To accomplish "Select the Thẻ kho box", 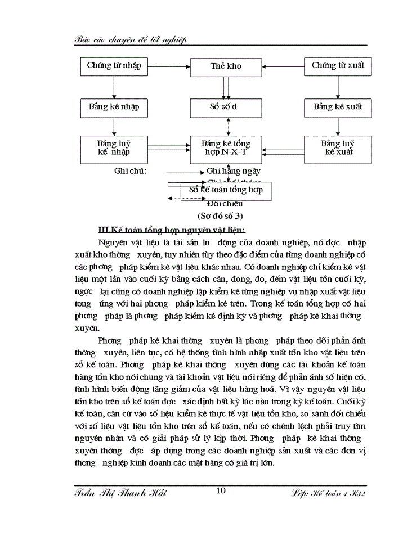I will click(226, 66).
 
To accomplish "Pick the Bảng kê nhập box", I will click(114, 106).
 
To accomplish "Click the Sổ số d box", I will click(226, 106).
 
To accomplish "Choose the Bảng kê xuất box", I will click(338, 106).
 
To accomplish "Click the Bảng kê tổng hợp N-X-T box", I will click(226, 147).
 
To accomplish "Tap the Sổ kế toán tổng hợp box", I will click(226, 191).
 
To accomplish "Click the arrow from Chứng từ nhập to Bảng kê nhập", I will click(114, 87).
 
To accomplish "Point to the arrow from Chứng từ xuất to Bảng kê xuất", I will click(338, 87).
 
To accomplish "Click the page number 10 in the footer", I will click(221, 491).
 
